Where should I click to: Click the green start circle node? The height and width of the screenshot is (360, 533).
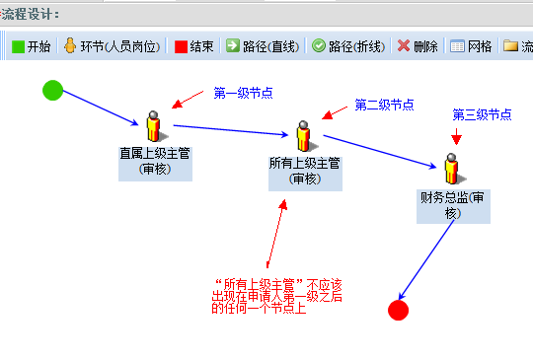pos(52,91)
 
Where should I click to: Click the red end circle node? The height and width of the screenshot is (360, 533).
pos(398,310)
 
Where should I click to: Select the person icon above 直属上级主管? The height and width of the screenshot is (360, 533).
pos(155,126)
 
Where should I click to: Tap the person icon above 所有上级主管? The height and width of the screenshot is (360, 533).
pos(305,136)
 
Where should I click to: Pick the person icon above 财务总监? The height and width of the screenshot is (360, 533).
pos(453,169)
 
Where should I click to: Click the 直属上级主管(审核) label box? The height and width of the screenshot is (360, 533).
pos(155,164)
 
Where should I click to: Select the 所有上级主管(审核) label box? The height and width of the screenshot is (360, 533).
pos(305,174)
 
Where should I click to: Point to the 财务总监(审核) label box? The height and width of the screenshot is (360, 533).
pos(453,206)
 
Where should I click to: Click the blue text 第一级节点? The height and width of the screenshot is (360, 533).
pos(243,93)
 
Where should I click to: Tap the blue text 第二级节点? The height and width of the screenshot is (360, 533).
pos(384,105)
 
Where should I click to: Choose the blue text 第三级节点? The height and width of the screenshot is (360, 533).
pos(482,114)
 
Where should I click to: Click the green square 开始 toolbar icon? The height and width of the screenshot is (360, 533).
pos(18,46)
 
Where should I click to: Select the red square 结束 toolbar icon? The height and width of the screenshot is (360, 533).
pos(181,46)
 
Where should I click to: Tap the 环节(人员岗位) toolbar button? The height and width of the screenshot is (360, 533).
pos(112,46)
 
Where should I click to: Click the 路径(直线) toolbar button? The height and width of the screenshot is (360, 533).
pos(263,46)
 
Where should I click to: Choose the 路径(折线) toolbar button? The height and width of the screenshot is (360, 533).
pos(348,46)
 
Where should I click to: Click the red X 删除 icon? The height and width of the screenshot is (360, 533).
pos(404,45)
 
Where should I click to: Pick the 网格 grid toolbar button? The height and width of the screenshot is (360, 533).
pos(471,46)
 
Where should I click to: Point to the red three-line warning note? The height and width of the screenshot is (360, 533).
pos(276,296)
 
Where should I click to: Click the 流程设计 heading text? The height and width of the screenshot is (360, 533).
pos(31,15)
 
